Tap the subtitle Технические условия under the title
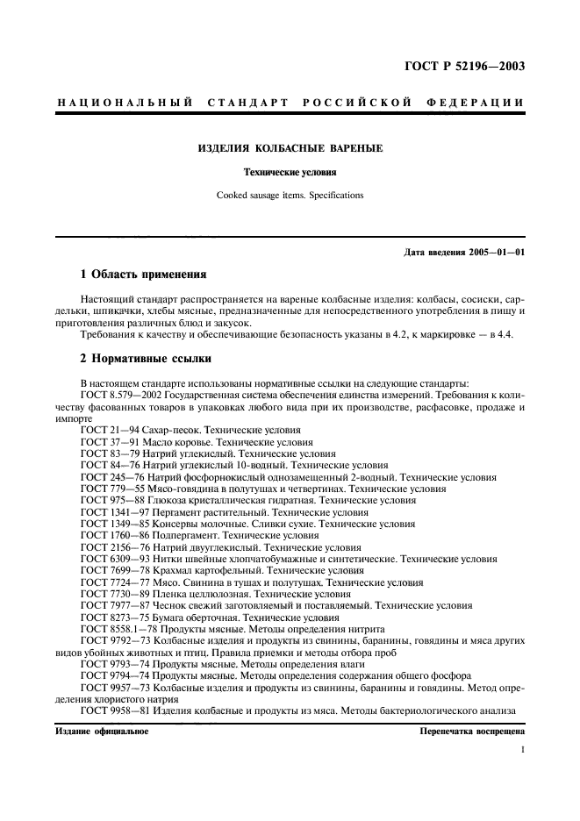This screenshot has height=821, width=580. pos(290,173)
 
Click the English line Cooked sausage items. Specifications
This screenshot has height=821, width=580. pos(290,196)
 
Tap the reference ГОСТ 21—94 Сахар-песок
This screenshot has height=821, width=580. pos(190,431)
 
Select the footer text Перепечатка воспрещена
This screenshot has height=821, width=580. pos(471,731)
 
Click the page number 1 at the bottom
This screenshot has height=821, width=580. pos(522,751)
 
